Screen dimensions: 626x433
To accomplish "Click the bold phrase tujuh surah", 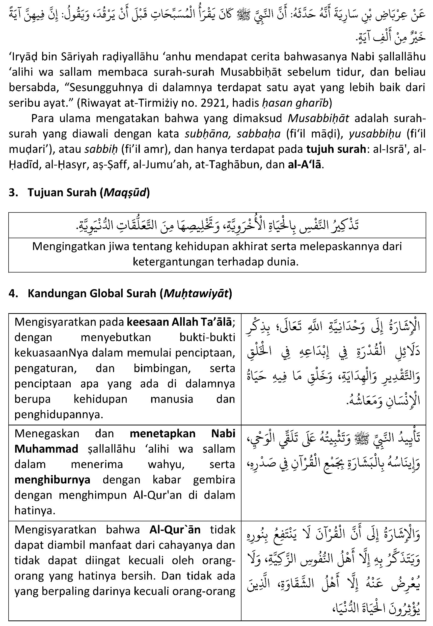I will point(336,149).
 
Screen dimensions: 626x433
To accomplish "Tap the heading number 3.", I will point(13,192).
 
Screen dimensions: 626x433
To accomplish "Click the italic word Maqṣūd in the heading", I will point(125,192).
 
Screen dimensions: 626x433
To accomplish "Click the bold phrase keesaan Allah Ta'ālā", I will point(179,322).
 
